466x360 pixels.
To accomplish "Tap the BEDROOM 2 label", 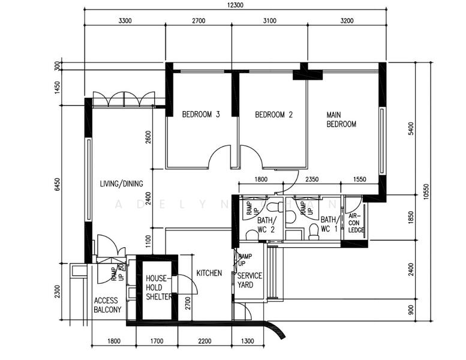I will coord(273,115).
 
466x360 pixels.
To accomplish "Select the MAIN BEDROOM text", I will coord(341,119).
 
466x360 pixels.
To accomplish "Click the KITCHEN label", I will coord(209,273).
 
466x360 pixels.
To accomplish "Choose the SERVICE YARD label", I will coord(249,280).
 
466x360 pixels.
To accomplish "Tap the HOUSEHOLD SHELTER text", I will coord(159,287).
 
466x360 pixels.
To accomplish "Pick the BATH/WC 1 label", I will coord(329,224).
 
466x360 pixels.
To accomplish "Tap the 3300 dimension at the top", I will coord(125,20).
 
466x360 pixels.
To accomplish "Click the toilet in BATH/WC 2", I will coord(274,209).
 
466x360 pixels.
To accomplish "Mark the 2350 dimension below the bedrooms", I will coord(311,179).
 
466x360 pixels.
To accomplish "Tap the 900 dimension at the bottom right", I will coord(411,310).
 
